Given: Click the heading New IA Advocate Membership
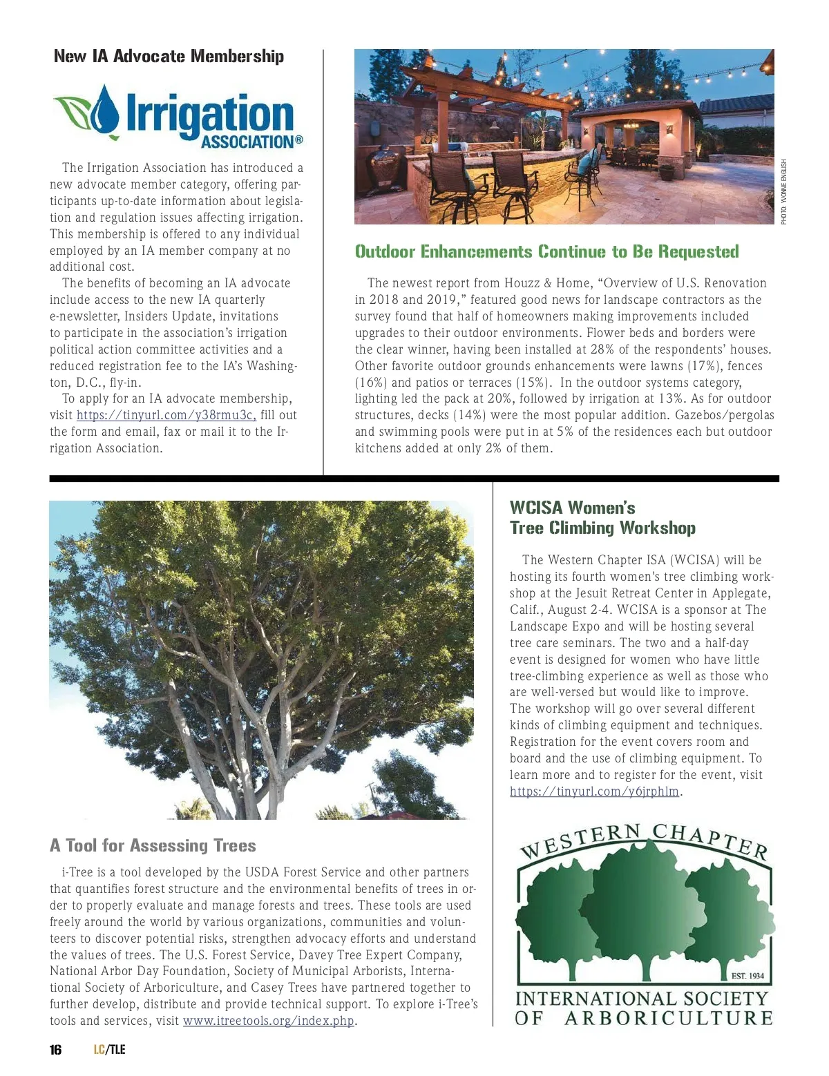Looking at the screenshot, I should (169, 57).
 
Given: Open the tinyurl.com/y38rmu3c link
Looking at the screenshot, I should (166, 415).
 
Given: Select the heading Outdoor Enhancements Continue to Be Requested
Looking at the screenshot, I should (546, 251).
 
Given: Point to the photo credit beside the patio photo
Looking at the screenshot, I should (784, 192).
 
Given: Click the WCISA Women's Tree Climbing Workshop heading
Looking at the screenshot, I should (602, 518).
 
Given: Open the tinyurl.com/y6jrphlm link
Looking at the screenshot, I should (594, 791).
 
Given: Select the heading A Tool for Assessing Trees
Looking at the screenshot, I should (153, 846).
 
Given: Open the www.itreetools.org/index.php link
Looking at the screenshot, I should (268, 1021).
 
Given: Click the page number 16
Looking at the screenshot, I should (55, 1050).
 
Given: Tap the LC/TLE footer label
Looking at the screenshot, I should (110, 1050).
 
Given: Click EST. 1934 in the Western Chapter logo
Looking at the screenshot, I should (747, 976).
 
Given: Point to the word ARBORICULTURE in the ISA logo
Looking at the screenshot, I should (668, 1018).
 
